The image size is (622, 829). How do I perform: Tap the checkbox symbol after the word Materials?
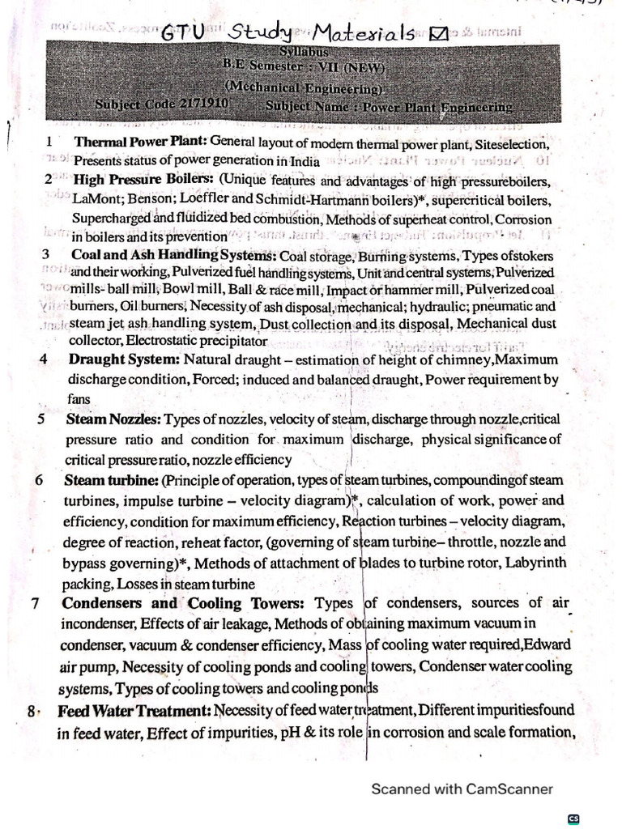(x=439, y=34)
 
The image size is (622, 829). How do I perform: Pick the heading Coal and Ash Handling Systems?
(x=173, y=255)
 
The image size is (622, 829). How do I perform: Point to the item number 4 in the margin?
(x=42, y=359)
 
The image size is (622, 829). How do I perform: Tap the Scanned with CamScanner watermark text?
(x=462, y=789)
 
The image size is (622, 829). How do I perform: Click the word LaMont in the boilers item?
(x=93, y=199)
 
